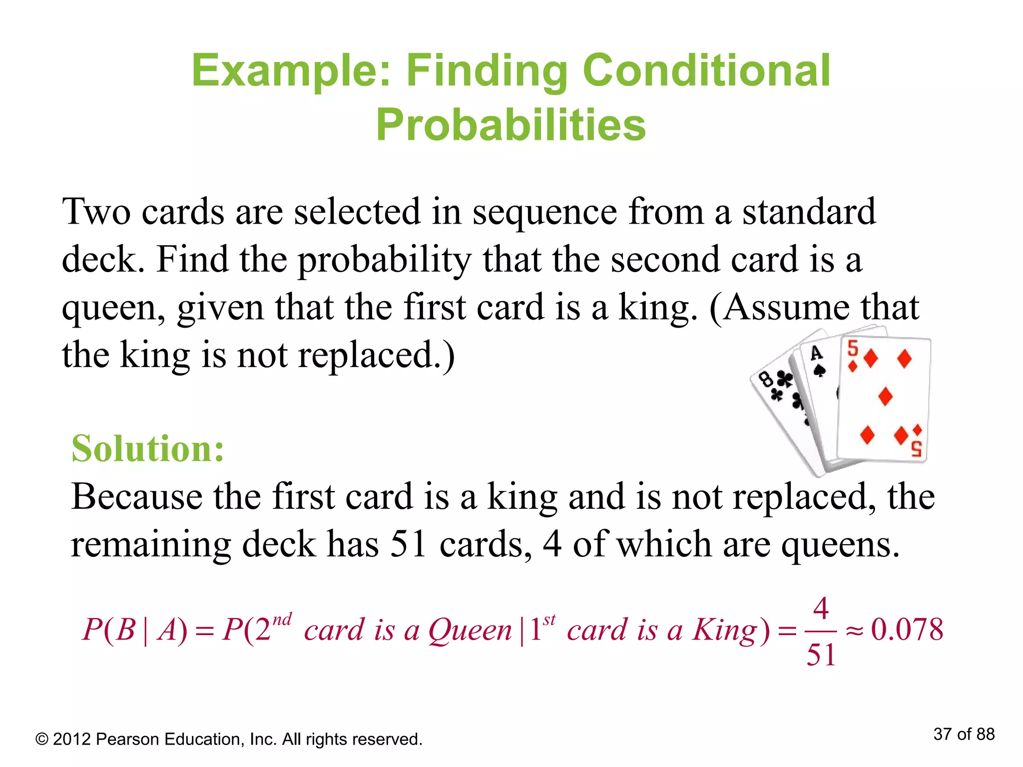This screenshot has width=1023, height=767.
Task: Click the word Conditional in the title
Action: coord(706,70)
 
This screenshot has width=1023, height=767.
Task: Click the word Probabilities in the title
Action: coord(511,125)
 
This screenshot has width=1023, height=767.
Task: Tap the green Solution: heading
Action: coord(148,448)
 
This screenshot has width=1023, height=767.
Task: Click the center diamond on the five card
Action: coord(885,396)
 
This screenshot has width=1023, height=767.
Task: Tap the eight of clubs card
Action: coord(779,399)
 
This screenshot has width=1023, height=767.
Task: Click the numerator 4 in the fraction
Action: coord(821,608)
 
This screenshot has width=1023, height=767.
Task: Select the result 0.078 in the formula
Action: coord(907,629)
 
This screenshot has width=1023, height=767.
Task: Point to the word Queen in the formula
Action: coord(470,630)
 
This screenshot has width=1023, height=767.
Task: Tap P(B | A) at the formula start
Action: coord(135,630)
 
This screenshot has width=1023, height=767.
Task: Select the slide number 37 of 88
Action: coord(964,734)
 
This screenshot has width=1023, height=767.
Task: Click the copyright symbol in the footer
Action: coord(42,740)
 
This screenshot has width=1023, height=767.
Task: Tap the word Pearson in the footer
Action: coord(127,739)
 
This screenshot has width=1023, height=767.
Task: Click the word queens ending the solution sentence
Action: coord(840,545)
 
